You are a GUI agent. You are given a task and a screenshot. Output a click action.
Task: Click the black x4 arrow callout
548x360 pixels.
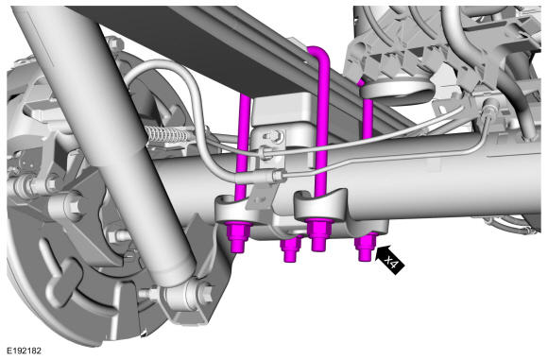[389, 260]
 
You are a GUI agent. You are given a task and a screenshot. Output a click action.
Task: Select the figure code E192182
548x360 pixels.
[25, 351]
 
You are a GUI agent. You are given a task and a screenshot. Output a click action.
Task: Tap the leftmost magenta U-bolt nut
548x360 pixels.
[238, 236]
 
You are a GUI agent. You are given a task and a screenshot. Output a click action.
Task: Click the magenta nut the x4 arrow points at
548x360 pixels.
[366, 247]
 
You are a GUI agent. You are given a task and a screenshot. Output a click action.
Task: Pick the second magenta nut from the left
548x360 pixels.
[291, 249]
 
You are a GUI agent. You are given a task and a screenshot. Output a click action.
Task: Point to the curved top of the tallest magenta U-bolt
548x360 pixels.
[318, 52]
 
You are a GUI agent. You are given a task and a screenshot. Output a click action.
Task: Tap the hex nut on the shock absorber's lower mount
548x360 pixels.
[207, 294]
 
